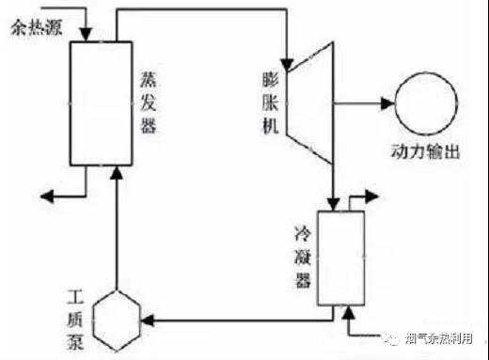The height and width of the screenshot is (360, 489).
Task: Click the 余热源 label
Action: (37, 27)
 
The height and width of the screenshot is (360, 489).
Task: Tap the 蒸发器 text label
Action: (148, 102)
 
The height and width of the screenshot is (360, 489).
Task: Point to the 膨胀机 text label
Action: (270, 103)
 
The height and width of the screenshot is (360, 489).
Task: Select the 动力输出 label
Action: (426, 152)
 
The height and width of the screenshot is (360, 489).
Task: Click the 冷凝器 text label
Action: (303, 258)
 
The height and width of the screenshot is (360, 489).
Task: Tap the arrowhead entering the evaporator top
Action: (86, 35)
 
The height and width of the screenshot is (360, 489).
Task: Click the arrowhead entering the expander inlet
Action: (287, 65)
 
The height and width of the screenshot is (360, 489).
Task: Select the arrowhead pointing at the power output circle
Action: (387, 103)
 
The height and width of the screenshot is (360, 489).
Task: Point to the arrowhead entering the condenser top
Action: (334, 204)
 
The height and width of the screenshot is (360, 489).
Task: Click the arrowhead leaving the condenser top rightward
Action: (372, 196)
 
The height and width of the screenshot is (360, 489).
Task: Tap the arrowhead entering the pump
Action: (148, 321)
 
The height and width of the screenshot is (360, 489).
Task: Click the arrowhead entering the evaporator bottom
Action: (117, 173)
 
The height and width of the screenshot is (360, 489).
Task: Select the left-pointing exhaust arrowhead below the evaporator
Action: (47, 196)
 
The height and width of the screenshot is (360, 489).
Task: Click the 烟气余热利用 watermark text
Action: (439, 338)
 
